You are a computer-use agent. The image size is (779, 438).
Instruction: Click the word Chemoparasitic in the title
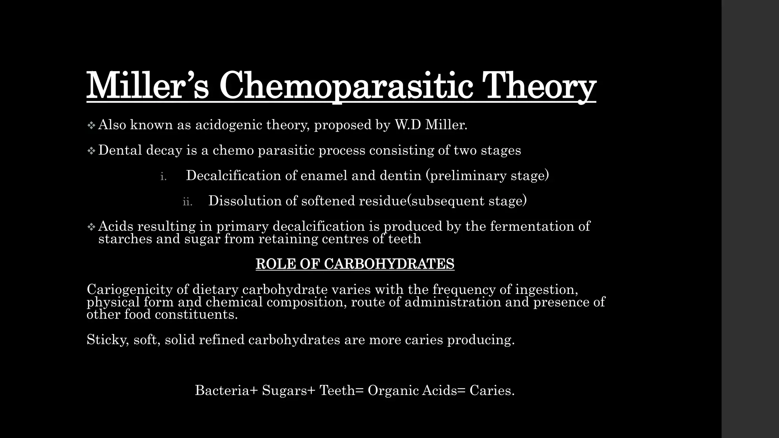[x=346, y=86]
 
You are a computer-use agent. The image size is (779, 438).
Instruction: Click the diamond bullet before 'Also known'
[x=91, y=125]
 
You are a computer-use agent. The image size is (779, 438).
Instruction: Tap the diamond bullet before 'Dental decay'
[x=91, y=151]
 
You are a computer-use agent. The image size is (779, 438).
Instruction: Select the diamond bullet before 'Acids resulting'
[x=91, y=227]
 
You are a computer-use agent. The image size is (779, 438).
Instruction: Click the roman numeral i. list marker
[x=163, y=176]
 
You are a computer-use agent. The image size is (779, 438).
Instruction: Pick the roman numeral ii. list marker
[x=187, y=202]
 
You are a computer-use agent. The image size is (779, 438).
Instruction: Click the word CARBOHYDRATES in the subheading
[x=389, y=264]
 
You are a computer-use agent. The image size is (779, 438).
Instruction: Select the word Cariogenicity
[x=130, y=290]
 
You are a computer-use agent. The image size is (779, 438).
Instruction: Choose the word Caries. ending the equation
[x=492, y=390]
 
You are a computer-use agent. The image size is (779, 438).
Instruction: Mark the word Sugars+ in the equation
[x=289, y=390]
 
